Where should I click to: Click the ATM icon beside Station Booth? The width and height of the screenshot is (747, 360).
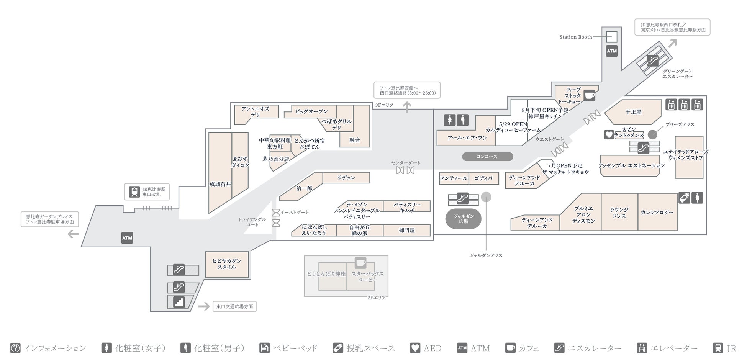pos(611,51)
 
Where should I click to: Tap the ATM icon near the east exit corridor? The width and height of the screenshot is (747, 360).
pos(127,238)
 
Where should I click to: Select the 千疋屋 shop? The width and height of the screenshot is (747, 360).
pos(633,112)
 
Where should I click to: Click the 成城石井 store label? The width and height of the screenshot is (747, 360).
pos(220,184)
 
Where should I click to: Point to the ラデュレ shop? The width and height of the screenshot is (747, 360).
pos(346,178)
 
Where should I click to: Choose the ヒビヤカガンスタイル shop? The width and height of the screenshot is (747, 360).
pos(227,264)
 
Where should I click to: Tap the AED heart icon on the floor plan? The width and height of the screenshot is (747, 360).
pos(609,134)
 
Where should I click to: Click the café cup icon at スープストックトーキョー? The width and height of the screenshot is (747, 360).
pos(589,95)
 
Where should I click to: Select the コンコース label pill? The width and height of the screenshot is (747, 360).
pos(487,157)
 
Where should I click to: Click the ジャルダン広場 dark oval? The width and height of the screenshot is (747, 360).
pos(463,219)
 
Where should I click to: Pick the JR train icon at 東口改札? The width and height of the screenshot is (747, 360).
pos(134,191)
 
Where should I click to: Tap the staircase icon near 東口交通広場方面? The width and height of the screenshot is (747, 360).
pos(179,302)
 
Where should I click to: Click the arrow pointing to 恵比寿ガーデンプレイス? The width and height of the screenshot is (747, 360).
pos(73,234)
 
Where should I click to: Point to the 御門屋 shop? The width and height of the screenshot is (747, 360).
pos(406,231)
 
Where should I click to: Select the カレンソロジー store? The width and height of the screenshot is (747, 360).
pos(657,212)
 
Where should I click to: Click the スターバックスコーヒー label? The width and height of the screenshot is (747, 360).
pos(367,277)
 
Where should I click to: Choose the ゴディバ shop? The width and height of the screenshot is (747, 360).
pos(483,178)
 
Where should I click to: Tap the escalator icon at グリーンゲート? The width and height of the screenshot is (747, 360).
pos(652,60)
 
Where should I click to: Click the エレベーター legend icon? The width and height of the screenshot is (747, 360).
pos(641,348)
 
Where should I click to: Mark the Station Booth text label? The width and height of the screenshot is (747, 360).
pos(575,37)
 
